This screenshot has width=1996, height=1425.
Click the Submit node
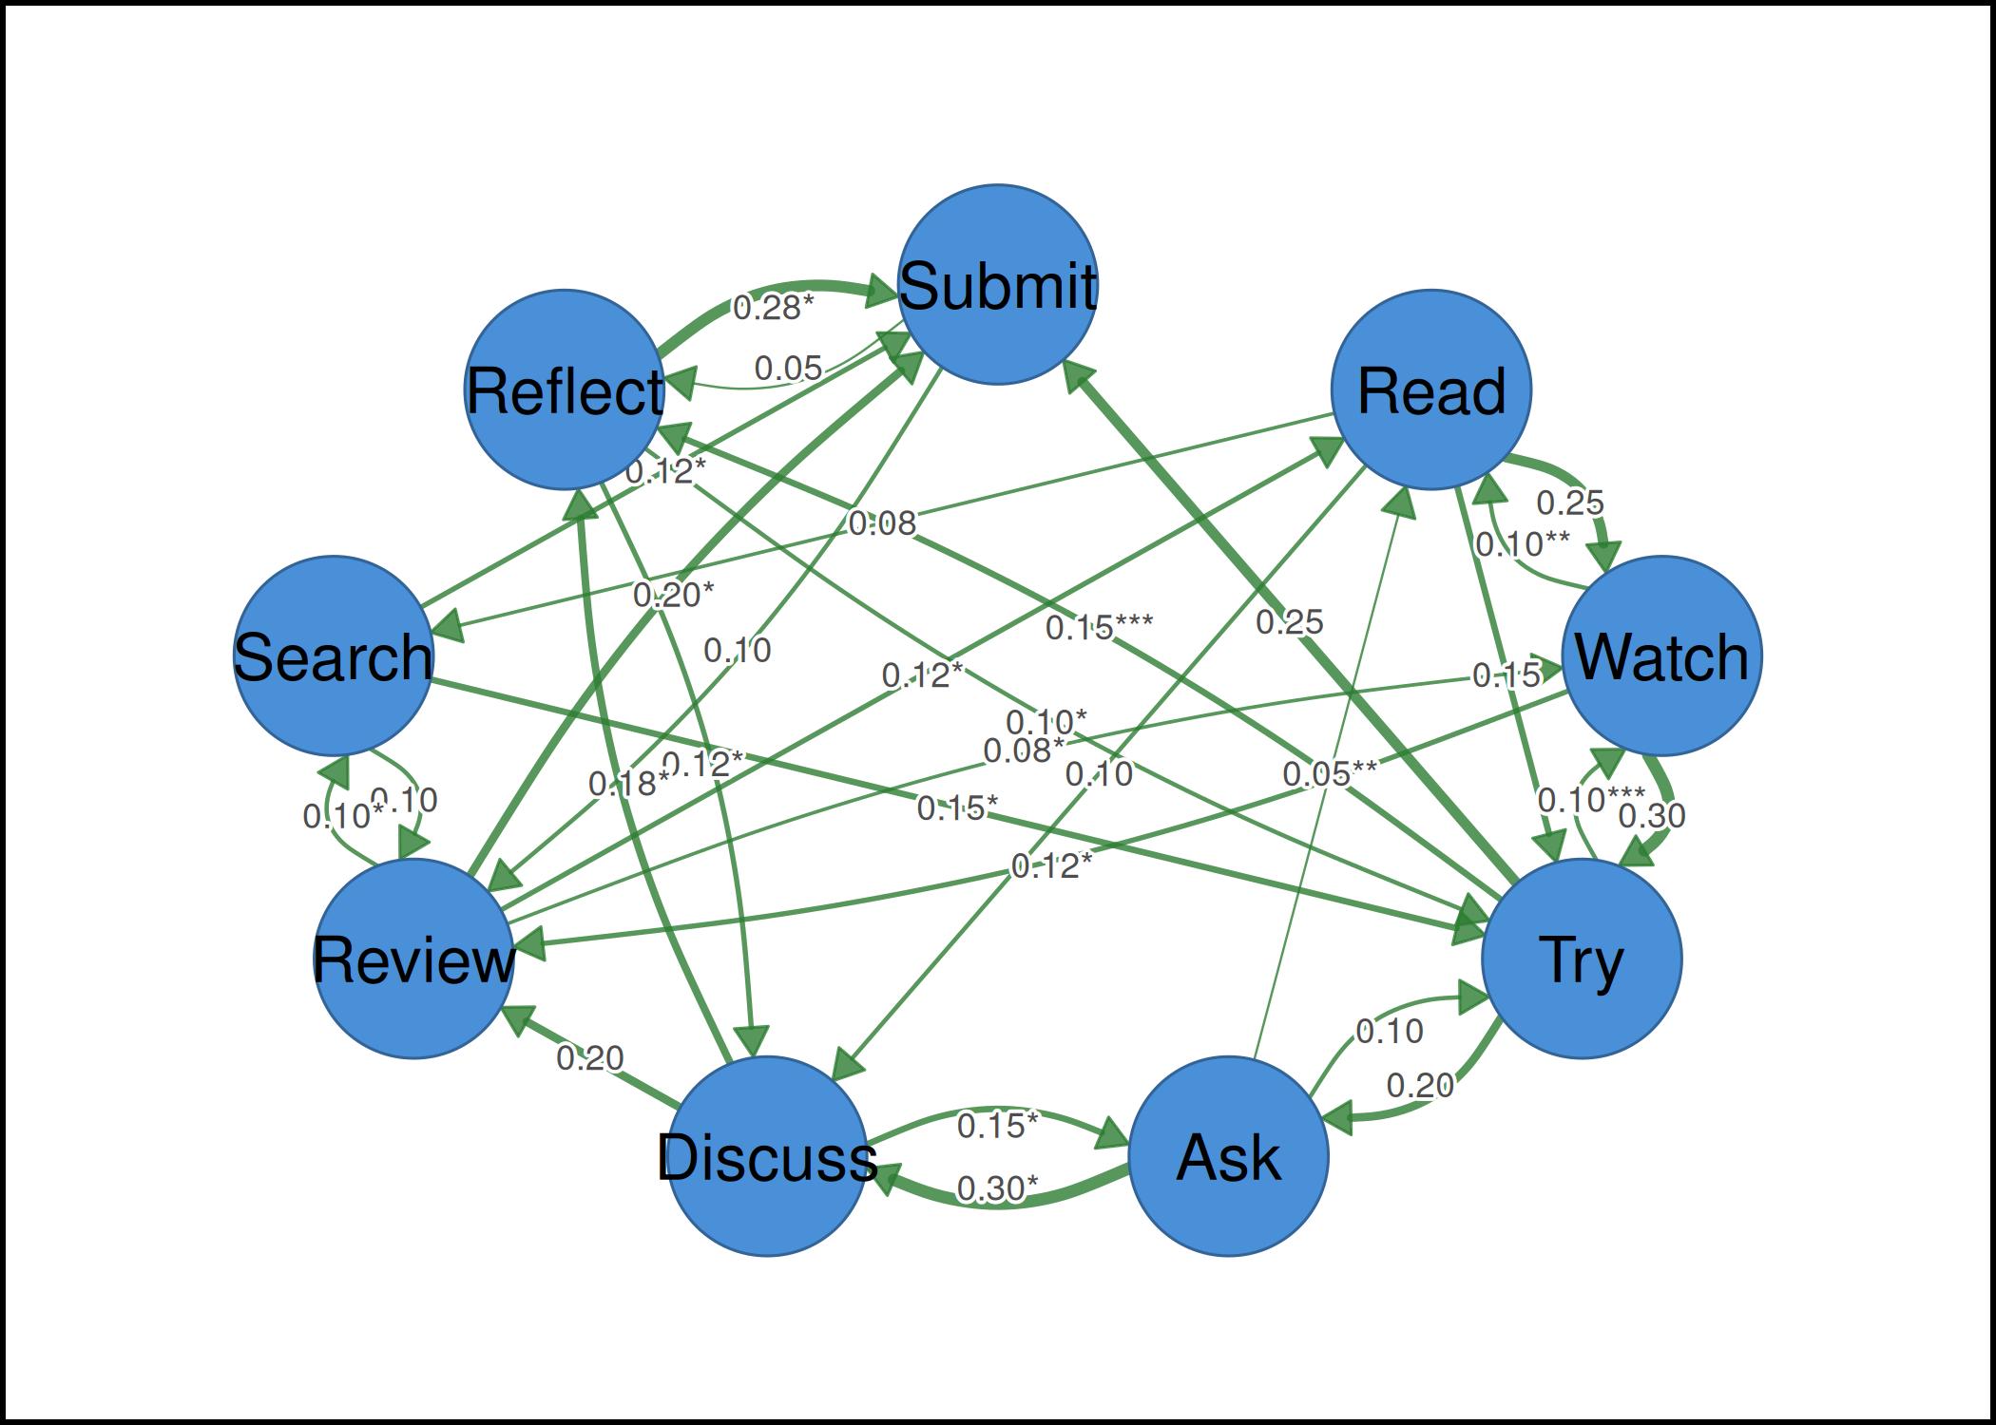[998, 285]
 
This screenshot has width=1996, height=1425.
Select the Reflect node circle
[565, 389]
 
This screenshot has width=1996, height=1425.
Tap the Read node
[1431, 389]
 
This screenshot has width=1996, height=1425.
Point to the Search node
[333, 655]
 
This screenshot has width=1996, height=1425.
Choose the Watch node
[1662, 655]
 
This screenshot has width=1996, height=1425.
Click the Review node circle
[413, 959]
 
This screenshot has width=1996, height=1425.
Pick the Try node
[1582, 959]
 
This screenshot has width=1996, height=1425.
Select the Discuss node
[767, 1156]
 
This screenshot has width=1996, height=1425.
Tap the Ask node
[1228, 1156]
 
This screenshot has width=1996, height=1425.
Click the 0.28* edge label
[774, 307]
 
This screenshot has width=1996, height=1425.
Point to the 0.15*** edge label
[1099, 627]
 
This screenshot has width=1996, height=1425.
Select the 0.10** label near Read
[1522, 544]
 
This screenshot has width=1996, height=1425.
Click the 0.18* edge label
[629, 784]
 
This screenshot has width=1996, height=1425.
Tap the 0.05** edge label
[1330, 774]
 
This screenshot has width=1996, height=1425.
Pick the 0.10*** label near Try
[1591, 800]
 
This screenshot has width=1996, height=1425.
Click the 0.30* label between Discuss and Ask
[997, 1188]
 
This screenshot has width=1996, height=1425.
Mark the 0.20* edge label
[673, 596]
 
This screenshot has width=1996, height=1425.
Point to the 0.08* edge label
[1024, 750]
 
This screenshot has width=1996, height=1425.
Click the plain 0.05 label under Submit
[788, 369]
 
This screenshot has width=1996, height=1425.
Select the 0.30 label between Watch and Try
[1652, 815]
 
